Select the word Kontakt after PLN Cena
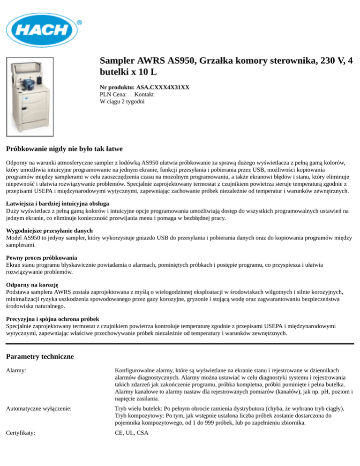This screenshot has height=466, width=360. pyautogui.click(x=128, y=94)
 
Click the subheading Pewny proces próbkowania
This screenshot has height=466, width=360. pyautogui.click(x=42, y=258)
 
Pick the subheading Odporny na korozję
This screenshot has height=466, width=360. pyautogui.click(x=32, y=285)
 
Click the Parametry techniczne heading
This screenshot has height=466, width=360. pyautogui.click(x=40, y=357)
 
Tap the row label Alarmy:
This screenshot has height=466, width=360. pyautogui.click(x=16, y=370)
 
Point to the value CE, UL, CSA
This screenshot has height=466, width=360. pyautogui.click(x=131, y=433)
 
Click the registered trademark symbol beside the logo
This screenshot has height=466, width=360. pyautogui.click(x=79, y=22)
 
